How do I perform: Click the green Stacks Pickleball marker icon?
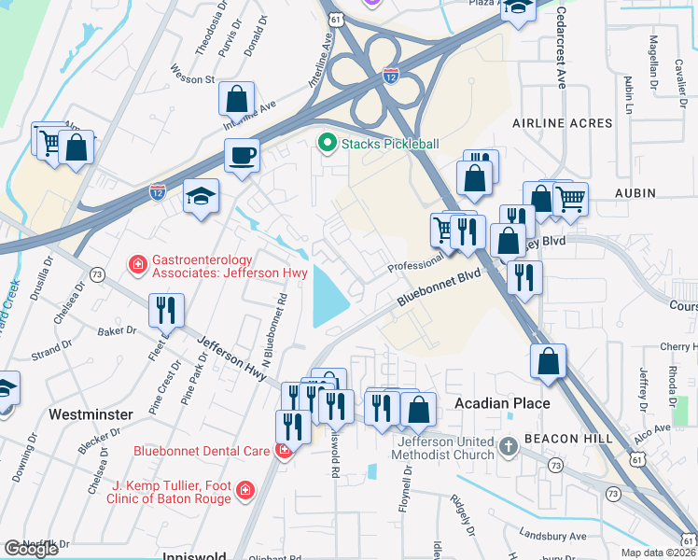(327, 144)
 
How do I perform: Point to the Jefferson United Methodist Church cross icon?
(509, 447)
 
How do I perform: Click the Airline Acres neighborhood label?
(563, 122)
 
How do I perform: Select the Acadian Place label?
(502, 403)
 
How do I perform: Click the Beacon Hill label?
(568, 438)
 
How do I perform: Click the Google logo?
(31, 549)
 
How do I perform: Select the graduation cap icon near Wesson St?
(201, 195)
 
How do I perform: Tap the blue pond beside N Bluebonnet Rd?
(328, 294)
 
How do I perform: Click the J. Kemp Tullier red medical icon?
(244, 490)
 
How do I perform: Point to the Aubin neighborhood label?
(635, 192)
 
